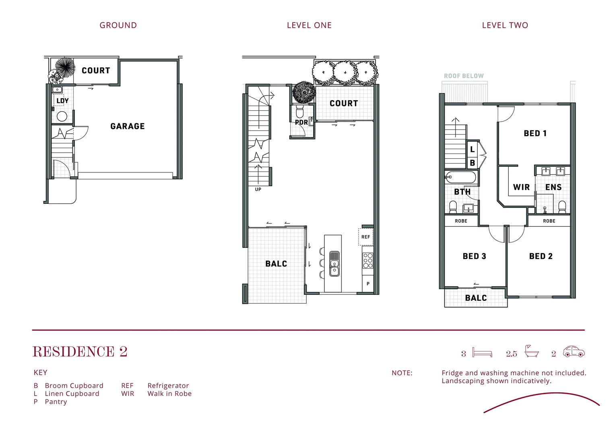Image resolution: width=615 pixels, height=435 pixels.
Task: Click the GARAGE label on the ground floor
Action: (127, 126)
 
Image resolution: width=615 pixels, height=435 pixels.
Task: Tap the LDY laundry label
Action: (62, 101)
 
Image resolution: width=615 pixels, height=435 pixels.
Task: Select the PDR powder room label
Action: (301, 122)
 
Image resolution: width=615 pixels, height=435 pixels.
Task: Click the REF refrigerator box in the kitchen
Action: (365, 237)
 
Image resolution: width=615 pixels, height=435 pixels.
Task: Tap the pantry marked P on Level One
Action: (368, 284)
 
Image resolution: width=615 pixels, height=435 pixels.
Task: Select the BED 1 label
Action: (535, 133)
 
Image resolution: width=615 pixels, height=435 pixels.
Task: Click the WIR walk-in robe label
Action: (521, 187)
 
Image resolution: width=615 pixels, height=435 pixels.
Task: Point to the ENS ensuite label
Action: (553, 187)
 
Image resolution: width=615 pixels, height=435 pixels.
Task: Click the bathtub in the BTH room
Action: (460, 177)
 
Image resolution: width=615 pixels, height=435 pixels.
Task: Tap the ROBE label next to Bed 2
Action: (549, 221)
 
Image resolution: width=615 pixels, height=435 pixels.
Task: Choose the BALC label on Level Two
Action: (476, 298)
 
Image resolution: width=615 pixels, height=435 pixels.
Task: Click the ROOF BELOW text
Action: (464, 76)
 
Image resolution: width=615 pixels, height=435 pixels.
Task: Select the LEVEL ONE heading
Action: (309, 25)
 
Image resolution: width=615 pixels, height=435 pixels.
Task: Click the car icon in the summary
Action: (574, 352)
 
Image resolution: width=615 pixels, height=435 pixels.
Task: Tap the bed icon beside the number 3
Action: (482, 352)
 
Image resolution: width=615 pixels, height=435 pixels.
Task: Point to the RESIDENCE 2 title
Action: (80, 352)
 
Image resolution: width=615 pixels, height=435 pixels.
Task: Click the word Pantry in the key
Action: (56, 402)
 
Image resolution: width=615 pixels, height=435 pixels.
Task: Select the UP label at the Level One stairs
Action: (258, 189)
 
